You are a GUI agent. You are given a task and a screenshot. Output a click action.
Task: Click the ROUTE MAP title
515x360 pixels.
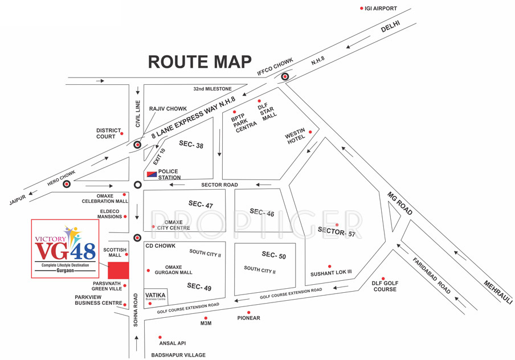tap(199, 62)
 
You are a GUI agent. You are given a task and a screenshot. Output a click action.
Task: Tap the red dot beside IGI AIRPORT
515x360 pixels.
tap(361, 9)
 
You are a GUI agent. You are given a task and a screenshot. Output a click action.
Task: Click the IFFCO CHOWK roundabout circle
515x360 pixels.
tap(285, 76)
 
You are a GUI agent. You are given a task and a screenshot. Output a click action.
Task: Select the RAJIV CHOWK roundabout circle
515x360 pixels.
tap(137, 145)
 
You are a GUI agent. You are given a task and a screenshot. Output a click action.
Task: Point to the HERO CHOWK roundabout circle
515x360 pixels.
tap(67, 184)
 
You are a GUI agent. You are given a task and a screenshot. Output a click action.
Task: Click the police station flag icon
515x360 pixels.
tap(151, 174)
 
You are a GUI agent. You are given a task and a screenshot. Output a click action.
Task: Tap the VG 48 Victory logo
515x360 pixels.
tap(65, 248)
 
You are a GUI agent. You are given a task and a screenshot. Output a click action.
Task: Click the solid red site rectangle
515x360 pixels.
tap(118, 271)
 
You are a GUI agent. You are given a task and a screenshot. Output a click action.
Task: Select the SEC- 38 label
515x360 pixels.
tap(191, 145)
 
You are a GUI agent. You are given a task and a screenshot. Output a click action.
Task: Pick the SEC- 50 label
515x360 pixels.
tap(274, 256)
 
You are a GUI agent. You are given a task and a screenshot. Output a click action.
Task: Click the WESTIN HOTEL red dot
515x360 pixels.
tap(310, 132)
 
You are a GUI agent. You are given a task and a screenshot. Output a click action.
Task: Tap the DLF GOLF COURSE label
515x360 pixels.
tap(385, 286)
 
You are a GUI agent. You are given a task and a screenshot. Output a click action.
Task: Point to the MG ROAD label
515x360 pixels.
tap(400, 203)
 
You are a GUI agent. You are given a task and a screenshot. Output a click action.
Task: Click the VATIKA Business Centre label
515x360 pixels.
tap(155, 296)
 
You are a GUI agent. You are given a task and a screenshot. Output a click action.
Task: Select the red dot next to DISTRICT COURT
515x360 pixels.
tap(122, 134)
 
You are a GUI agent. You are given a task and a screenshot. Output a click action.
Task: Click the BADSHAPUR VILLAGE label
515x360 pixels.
tap(178, 355)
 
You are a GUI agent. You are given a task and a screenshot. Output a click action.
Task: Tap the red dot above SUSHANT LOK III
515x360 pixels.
tap(329, 266)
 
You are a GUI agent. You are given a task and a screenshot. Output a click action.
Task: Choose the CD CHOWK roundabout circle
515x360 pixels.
tap(137, 238)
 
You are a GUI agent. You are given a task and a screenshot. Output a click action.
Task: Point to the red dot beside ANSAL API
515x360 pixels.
tap(160, 338)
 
